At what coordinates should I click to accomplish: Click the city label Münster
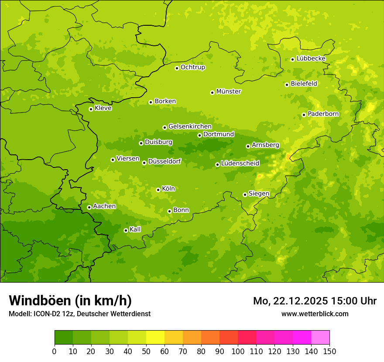228,92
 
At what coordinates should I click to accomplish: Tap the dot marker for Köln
158,190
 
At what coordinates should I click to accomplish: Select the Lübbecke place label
311,58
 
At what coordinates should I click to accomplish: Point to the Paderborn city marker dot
304,115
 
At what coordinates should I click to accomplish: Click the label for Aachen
104,206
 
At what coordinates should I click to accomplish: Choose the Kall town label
135,229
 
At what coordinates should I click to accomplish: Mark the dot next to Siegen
245,195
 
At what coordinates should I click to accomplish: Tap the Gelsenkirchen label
190,126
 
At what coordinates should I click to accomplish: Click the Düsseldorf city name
164,161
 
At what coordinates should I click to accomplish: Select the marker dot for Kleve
91,109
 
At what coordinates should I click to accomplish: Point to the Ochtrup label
192,67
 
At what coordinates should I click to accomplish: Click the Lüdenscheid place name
240,164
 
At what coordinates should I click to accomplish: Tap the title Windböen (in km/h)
70,301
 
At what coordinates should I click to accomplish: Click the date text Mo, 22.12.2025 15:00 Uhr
315,301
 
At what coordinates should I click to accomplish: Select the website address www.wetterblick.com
315,314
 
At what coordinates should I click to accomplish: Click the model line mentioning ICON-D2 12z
79,314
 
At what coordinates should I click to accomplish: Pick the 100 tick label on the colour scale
238,352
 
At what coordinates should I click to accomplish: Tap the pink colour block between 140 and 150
320,338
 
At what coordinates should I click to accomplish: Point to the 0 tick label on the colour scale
55,352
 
